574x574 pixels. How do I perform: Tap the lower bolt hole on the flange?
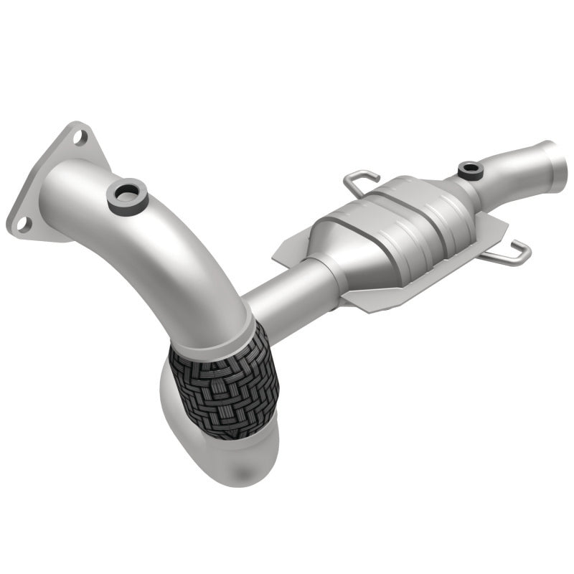click(24, 223)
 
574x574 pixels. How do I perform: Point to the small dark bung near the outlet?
click(471, 170)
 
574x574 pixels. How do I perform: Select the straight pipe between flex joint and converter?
click(287, 294)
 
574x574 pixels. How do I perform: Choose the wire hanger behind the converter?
click(359, 179)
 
